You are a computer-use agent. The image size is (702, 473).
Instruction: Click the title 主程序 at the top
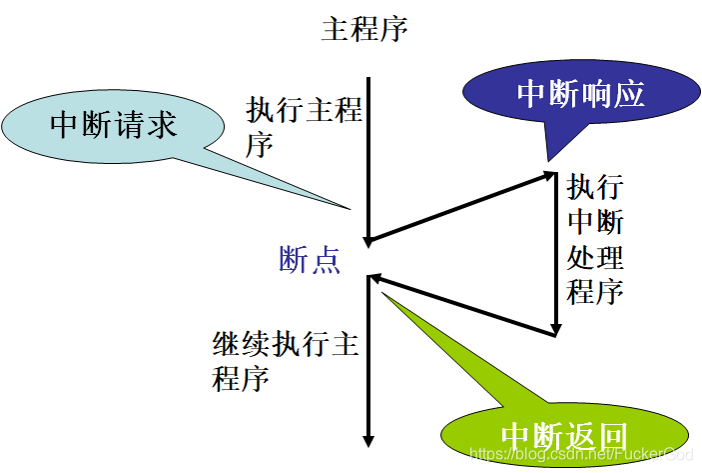pyautogui.click(x=364, y=29)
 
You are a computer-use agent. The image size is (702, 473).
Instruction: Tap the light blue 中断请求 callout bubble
pyautogui.click(x=112, y=125)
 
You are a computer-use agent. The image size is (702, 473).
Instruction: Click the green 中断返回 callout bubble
pyautogui.click(x=563, y=437)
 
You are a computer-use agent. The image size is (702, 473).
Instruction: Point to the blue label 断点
pyautogui.click(x=310, y=260)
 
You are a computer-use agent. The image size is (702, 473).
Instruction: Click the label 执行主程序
pyautogui.click(x=303, y=127)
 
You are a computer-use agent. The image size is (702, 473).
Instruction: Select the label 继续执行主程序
pyautogui.click(x=286, y=361)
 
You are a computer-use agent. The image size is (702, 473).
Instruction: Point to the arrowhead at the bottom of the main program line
pyautogui.click(x=368, y=441)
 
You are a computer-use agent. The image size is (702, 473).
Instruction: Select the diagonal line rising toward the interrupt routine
pyautogui.click(x=459, y=208)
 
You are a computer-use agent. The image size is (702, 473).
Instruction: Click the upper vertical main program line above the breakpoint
pyautogui.click(x=368, y=150)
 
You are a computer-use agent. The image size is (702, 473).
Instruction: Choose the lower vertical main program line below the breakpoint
pyautogui.click(x=368, y=370)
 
